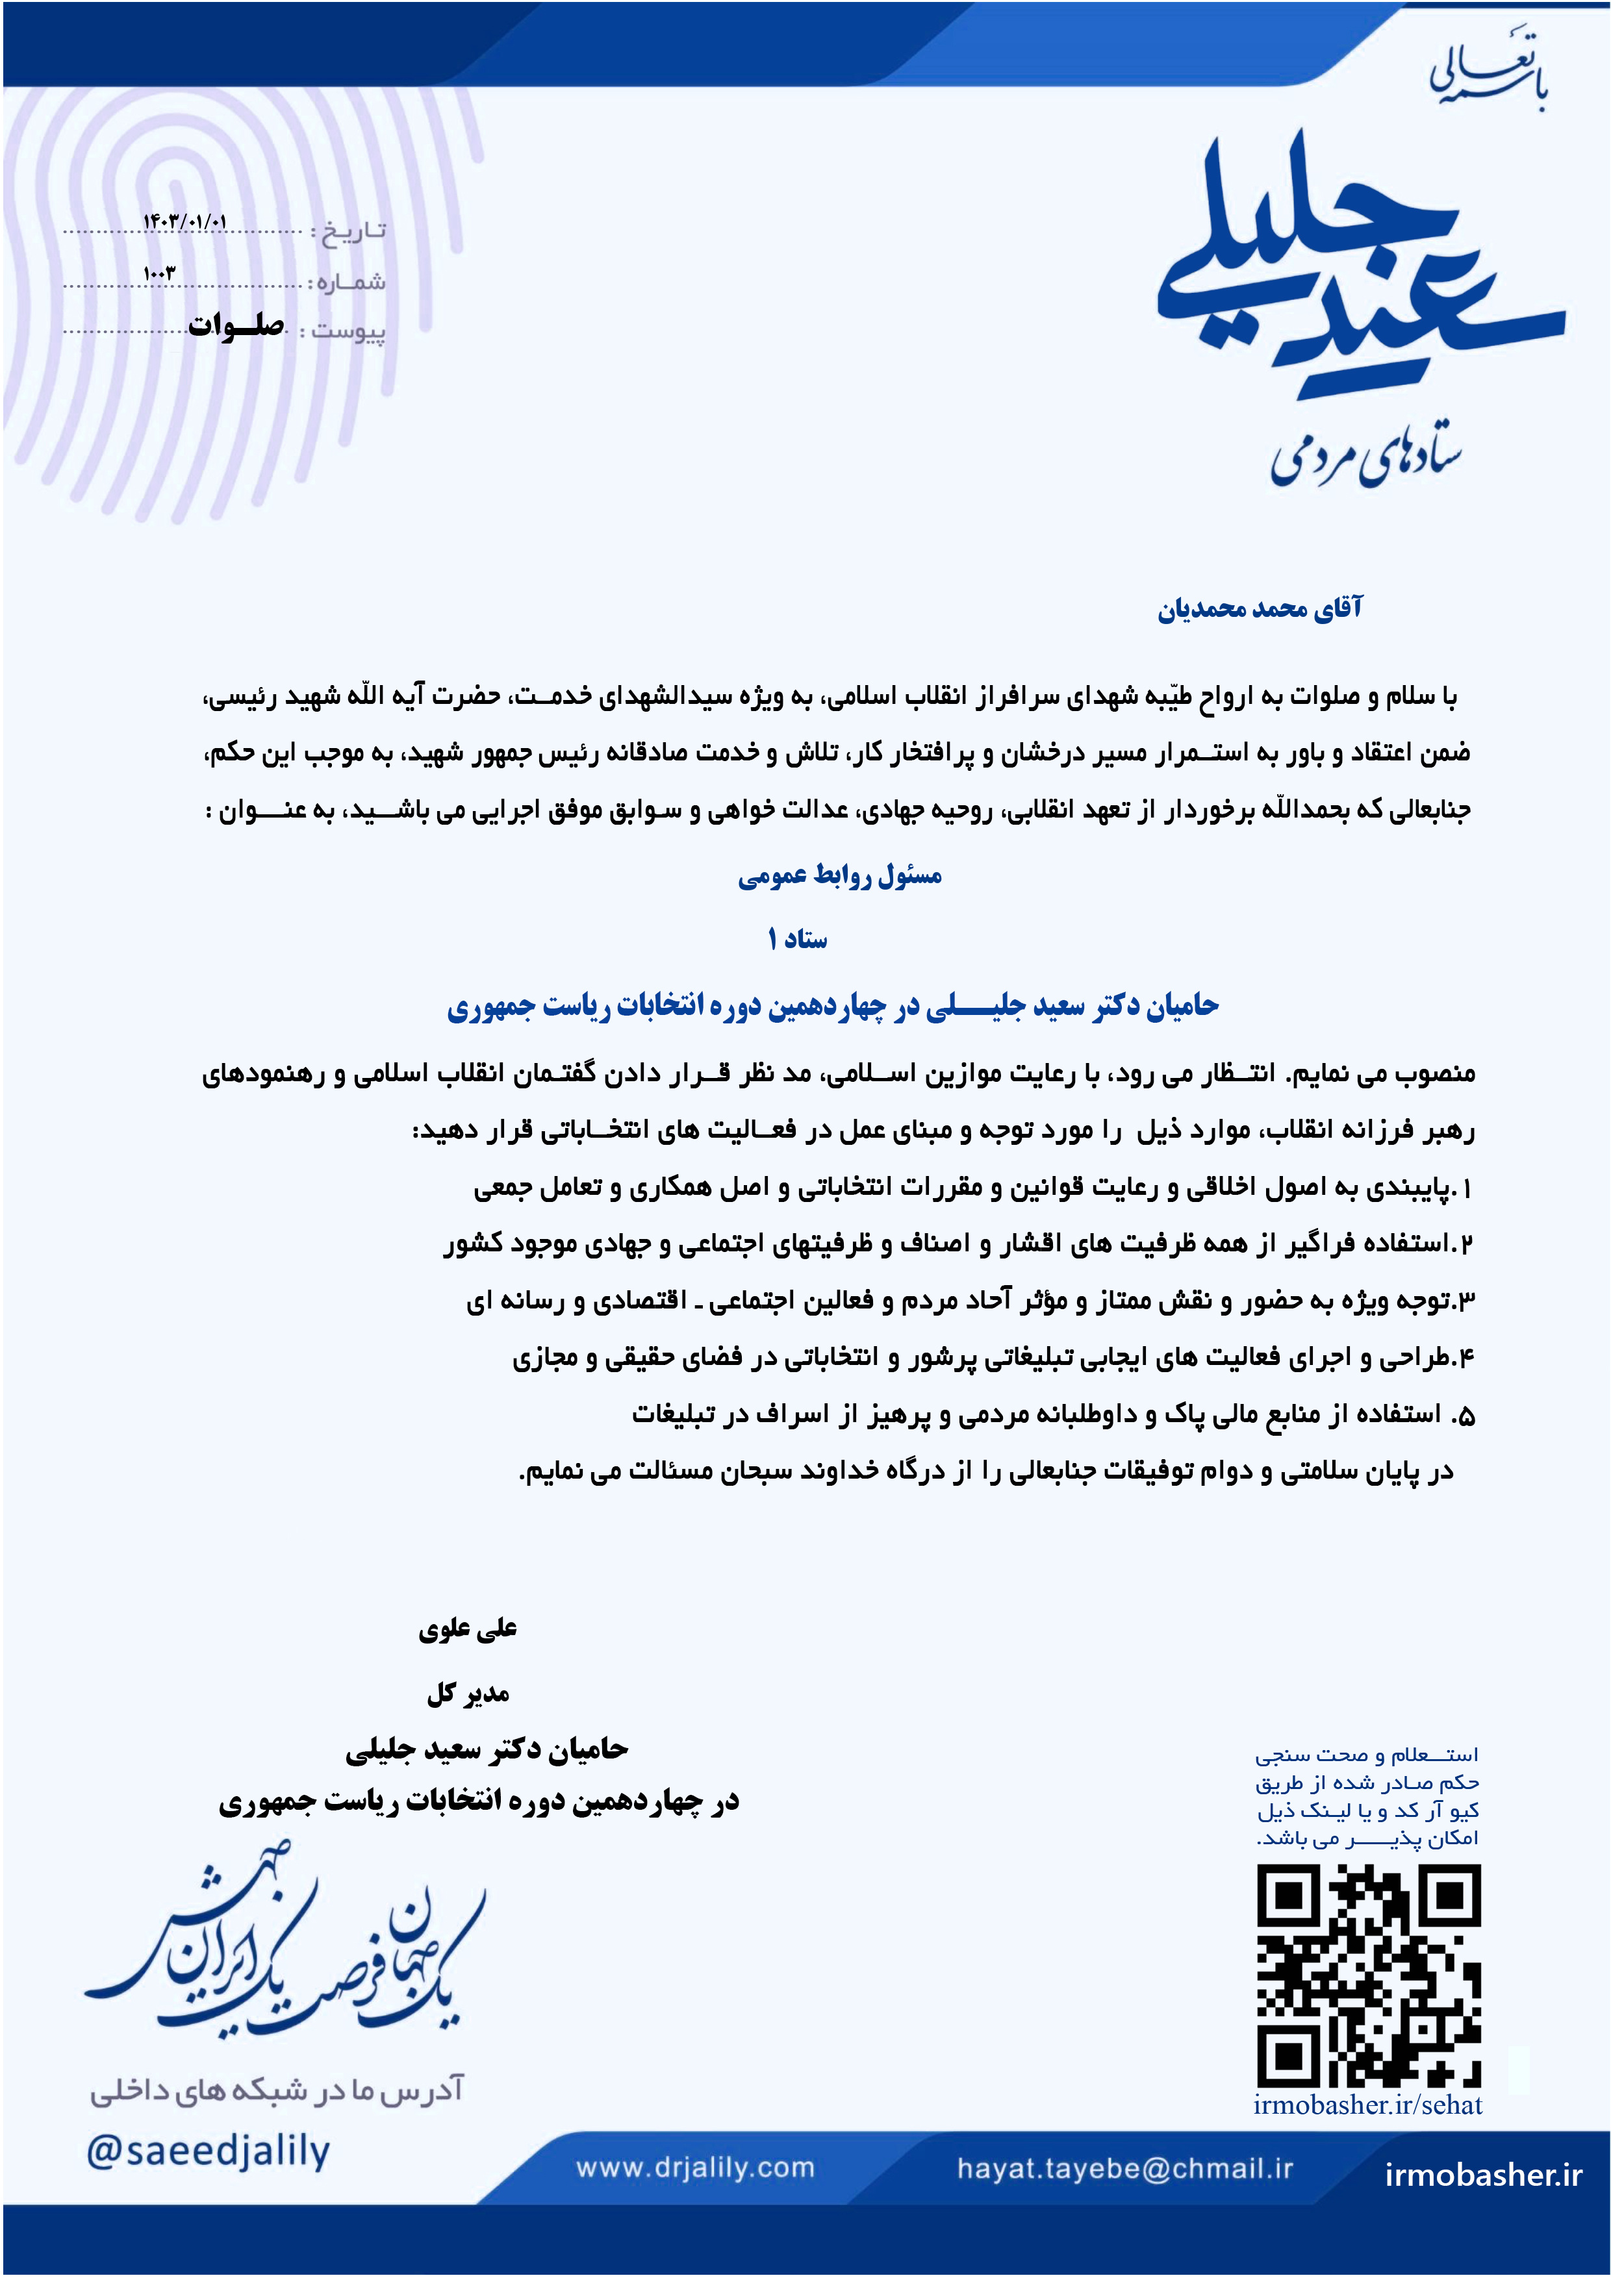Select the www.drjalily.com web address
pyautogui.click(x=695, y=2168)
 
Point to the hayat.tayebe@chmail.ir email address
pyautogui.click(x=1124, y=2168)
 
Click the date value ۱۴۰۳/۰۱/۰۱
pyautogui.click(x=184, y=222)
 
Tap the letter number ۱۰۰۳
pyautogui.click(x=159, y=273)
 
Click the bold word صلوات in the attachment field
pyautogui.click(x=236, y=325)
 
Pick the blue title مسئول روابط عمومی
pyautogui.click(x=840, y=875)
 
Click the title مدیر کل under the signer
pyautogui.click(x=468, y=1694)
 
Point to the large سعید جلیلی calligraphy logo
pyautogui.click(x=1360, y=268)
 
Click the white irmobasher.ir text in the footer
pyautogui.click(x=1483, y=2175)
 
